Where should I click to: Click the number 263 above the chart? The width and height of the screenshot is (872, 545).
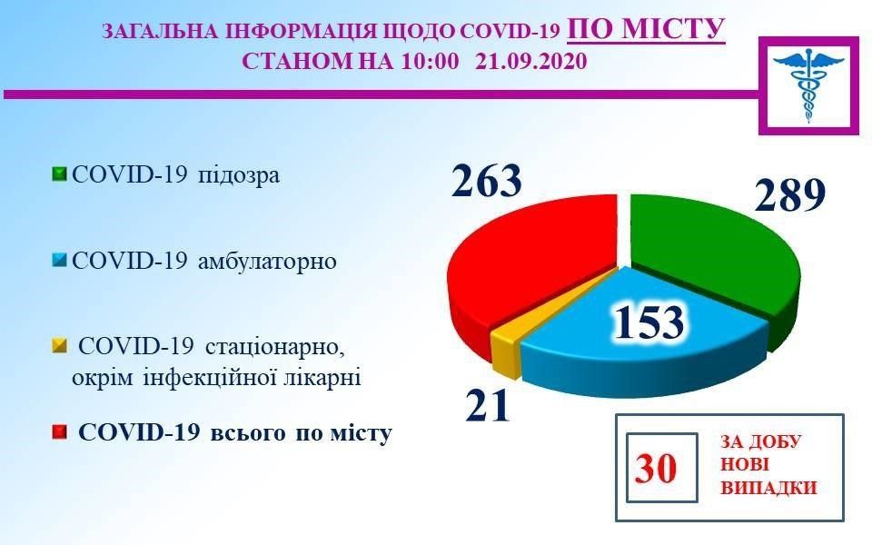tap(487, 181)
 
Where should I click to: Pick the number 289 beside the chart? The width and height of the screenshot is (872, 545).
tap(788, 194)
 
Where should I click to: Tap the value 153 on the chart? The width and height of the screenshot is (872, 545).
tap(648, 322)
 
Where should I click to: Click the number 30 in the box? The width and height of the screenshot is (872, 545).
tap(656, 470)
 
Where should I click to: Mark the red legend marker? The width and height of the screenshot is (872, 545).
tap(60, 433)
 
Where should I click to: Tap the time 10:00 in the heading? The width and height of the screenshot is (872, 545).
tap(421, 63)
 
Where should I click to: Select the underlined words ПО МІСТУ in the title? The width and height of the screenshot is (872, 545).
tap(646, 30)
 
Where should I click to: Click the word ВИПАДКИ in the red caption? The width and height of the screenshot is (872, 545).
tap(768, 488)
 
